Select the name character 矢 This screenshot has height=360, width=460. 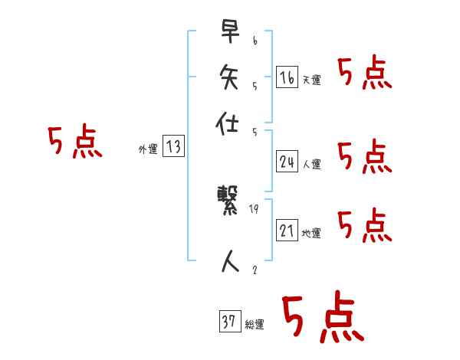[x=228, y=77]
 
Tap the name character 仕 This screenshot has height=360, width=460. [x=228, y=123]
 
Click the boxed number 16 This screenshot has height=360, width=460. [x=286, y=77]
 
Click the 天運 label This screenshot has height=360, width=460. [x=312, y=80]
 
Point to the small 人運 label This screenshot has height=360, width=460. [x=312, y=164]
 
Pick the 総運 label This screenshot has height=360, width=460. [x=255, y=325]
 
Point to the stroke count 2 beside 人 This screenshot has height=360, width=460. [x=255, y=270]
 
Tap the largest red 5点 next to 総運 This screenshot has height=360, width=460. [x=322, y=318]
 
